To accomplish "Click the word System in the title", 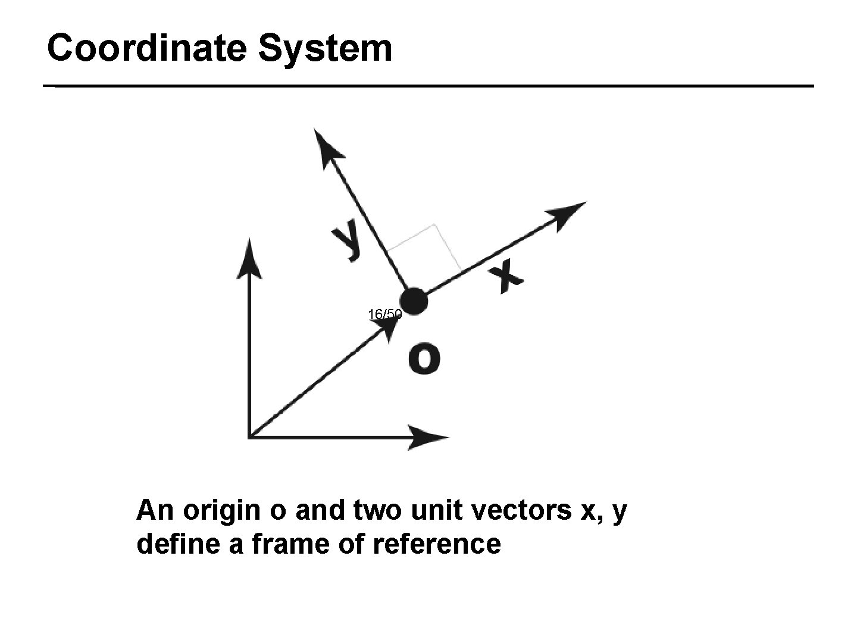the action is pyautogui.click(x=326, y=49).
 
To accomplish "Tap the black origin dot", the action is pyautogui.click(x=414, y=301).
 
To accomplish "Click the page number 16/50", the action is pyautogui.click(x=385, y=314).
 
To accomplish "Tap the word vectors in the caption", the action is pyautogui.click(x=511, y=511).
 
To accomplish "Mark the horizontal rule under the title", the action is pyautogui.click(x=428, y=86).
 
